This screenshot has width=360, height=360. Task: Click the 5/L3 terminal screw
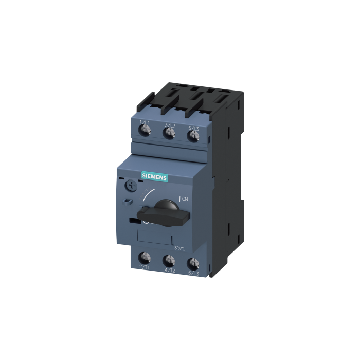pos(193,136)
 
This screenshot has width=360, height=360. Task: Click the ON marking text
pos(184,199)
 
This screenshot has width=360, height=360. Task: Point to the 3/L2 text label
pos(169,125)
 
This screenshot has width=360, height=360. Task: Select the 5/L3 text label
pos(194,127)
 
